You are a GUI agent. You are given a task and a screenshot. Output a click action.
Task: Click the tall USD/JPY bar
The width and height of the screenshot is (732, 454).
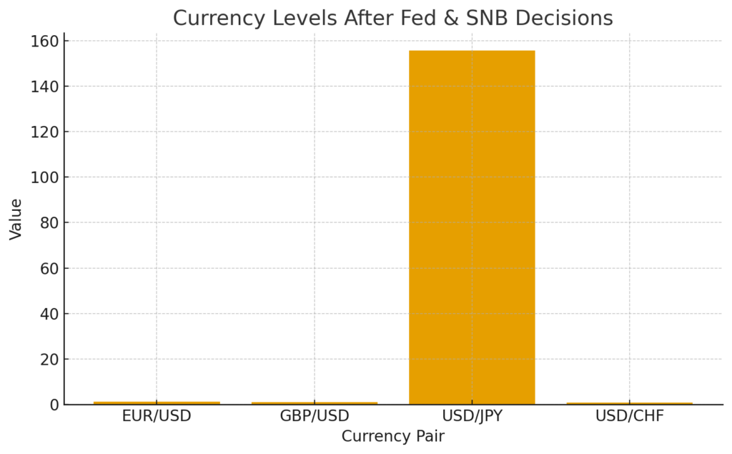[472, 227]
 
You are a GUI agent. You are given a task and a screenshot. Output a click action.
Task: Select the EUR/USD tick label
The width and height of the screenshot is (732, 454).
[157, 416]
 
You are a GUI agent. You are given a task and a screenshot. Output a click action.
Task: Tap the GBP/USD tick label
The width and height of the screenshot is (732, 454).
[315, 416]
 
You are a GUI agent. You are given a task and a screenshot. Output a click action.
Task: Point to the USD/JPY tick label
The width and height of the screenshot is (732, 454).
[472, 416]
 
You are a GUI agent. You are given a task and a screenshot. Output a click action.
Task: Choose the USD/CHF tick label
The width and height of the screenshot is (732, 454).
[630, 416]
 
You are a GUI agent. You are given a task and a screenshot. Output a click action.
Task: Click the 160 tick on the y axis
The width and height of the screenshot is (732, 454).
[44, 41]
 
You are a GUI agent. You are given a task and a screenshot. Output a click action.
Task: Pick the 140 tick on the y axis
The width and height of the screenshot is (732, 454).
[44, 87]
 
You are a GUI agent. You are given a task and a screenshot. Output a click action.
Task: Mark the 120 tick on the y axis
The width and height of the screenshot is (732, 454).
[44, 132]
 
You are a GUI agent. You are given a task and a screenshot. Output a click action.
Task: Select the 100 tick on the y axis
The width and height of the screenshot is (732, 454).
[44, 177]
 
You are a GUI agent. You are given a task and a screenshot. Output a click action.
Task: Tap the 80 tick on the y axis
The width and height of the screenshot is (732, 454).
[48, 223]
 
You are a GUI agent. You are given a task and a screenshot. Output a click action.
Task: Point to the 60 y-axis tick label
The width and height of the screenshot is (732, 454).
[48, 269]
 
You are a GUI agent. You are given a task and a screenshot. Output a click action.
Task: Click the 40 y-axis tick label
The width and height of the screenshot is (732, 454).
[48, 314]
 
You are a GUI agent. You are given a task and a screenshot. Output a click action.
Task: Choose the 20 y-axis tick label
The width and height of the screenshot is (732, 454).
[48, 360]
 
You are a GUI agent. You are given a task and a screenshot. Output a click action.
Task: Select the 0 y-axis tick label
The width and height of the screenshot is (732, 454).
[52, 405]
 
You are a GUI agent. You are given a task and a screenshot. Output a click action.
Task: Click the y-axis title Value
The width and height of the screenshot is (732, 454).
[16, 219]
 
